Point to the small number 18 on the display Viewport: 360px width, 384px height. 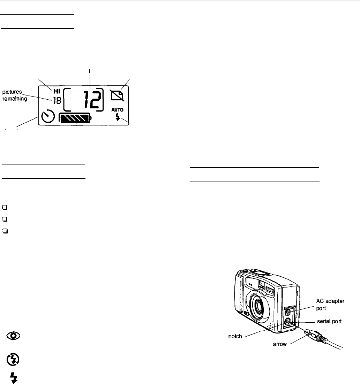point(56,101)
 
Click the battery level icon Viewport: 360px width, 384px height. point(75,118)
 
